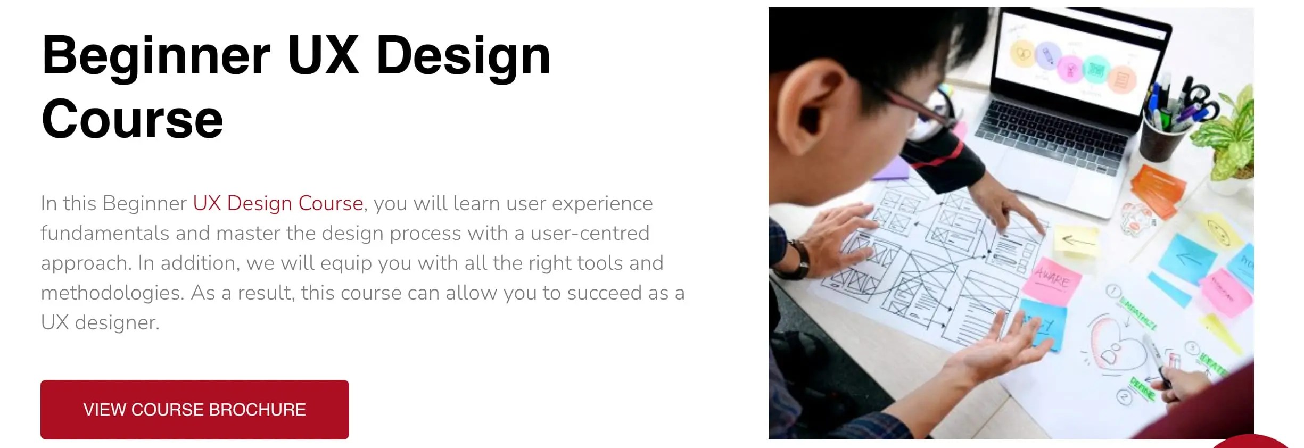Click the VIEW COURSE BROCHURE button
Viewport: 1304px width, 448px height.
(x=195, y=409)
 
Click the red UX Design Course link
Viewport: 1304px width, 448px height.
(x=278, y=203)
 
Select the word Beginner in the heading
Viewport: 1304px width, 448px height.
(x=156, y=55)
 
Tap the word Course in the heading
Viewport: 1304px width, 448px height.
(x=132, y=119)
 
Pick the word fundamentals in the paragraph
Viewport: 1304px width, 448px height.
(x=105, y=233)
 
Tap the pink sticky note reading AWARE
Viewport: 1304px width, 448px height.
(x=1051, y=279)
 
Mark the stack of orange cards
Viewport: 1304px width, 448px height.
(x=1158, y=189)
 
